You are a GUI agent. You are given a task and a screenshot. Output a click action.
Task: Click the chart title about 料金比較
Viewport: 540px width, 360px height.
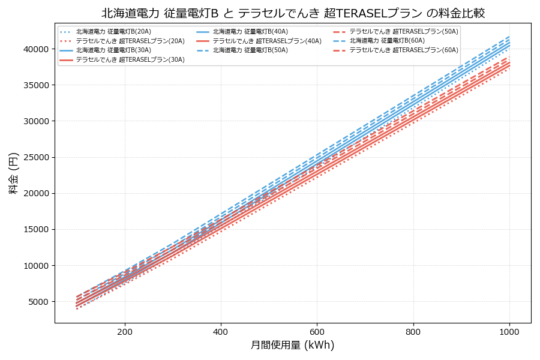293,13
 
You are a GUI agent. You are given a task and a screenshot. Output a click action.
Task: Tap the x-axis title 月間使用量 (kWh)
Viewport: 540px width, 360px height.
292,345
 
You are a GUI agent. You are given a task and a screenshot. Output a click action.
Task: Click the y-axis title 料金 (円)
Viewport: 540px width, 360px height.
13,173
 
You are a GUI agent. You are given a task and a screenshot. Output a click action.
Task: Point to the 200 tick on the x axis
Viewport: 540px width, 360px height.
125,331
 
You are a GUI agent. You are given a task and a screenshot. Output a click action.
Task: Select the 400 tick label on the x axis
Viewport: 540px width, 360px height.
221,331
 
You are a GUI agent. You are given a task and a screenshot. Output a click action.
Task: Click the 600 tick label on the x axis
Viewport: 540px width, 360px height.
317,331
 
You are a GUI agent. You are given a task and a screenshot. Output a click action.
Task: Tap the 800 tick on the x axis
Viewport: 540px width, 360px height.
413,331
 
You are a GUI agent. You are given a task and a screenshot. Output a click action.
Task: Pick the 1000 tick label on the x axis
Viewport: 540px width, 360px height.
509,331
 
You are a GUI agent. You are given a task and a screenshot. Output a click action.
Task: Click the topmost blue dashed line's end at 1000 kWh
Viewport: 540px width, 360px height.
509,36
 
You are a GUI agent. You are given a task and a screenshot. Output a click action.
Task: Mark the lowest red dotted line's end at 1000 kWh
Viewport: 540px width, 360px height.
509,68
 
